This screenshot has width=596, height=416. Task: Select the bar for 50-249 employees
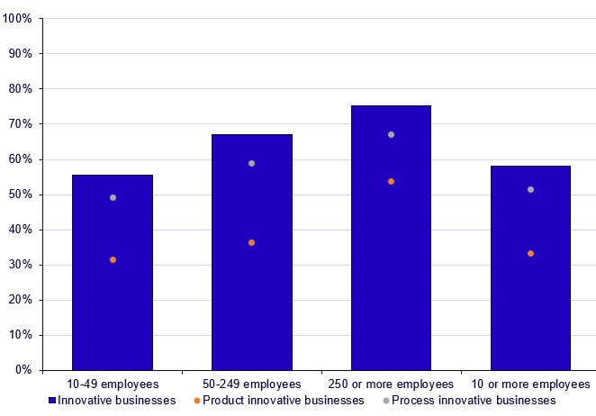pyautogui.click(x=251, y=288)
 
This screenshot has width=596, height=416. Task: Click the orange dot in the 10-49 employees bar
pyautogui.click(x=113, y=259)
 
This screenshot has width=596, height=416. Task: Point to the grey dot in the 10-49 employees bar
pyautogui.click(x=113, y=197)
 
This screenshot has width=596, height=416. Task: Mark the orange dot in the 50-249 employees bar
pyautogui.click(x=251, y=242)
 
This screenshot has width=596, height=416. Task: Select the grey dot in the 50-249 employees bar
pyautogui.click(x=251, y=163)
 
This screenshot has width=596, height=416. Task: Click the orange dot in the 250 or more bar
pyautogui.click(x=391, y=181)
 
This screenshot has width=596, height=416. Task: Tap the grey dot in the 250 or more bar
pyautogui.click(x=391, y=134)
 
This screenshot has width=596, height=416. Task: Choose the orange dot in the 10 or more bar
pyautogui.click(x=530, y=253)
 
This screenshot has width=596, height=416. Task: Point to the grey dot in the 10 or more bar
pyautogui.click(x=530, y=189)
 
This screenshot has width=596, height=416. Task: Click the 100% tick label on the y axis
pyautogui.click(x=19, y=19)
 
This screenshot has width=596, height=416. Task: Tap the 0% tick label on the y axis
pyautogui.click(x=24, y=370)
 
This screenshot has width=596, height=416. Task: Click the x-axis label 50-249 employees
pyautogui.click(x=251, y=384)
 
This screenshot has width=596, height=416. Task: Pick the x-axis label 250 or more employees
pyautogui.click(x=391, y=384)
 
